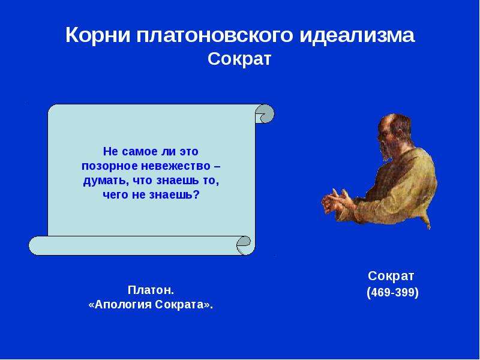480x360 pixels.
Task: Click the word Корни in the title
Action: pos(98,35)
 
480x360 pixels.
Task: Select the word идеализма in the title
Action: pos(357,35)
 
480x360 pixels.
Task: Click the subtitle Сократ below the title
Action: pos(239,59)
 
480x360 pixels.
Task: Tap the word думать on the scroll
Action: pos(102,181)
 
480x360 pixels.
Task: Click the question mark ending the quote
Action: pos(197,194)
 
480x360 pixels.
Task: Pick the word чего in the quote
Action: pos(116,195)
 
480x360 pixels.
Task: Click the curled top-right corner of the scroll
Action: pos(265,113)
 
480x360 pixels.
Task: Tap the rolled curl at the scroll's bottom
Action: pos(245,245)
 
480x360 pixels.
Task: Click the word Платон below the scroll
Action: pos(149,290)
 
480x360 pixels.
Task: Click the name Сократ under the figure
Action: pos(391,276)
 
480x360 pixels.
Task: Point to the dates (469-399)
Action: pos(392,293)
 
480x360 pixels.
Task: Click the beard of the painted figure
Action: pos(386,152)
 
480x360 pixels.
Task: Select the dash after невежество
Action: pos(217,167)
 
